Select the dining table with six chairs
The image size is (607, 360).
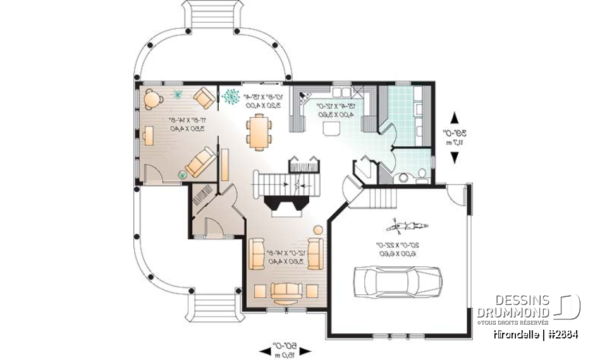click(x=259, y=131)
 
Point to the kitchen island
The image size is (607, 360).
click(x=331, y=129)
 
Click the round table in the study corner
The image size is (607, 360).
click(x=153, y=97)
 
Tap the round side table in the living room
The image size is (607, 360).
click(x=318, y=229)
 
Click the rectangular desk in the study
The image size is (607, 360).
click(x=147, y=135)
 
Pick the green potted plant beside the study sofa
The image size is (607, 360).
click(x=183, y=174)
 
